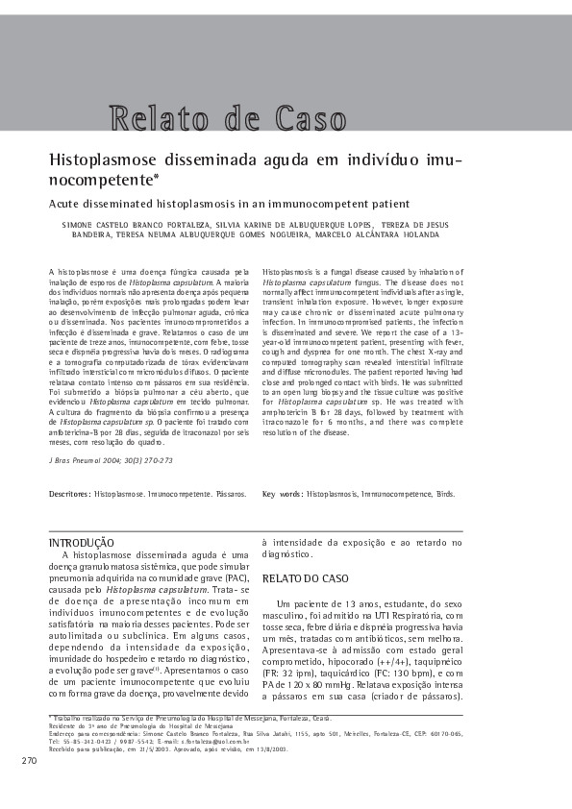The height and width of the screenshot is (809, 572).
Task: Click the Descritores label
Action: [x=69, y=494]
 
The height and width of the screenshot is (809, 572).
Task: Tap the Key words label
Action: [x=282, y=494]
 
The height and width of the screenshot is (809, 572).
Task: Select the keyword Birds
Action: [x=445, y=494]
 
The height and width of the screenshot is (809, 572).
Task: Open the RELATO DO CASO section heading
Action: [x=306, y=578]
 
